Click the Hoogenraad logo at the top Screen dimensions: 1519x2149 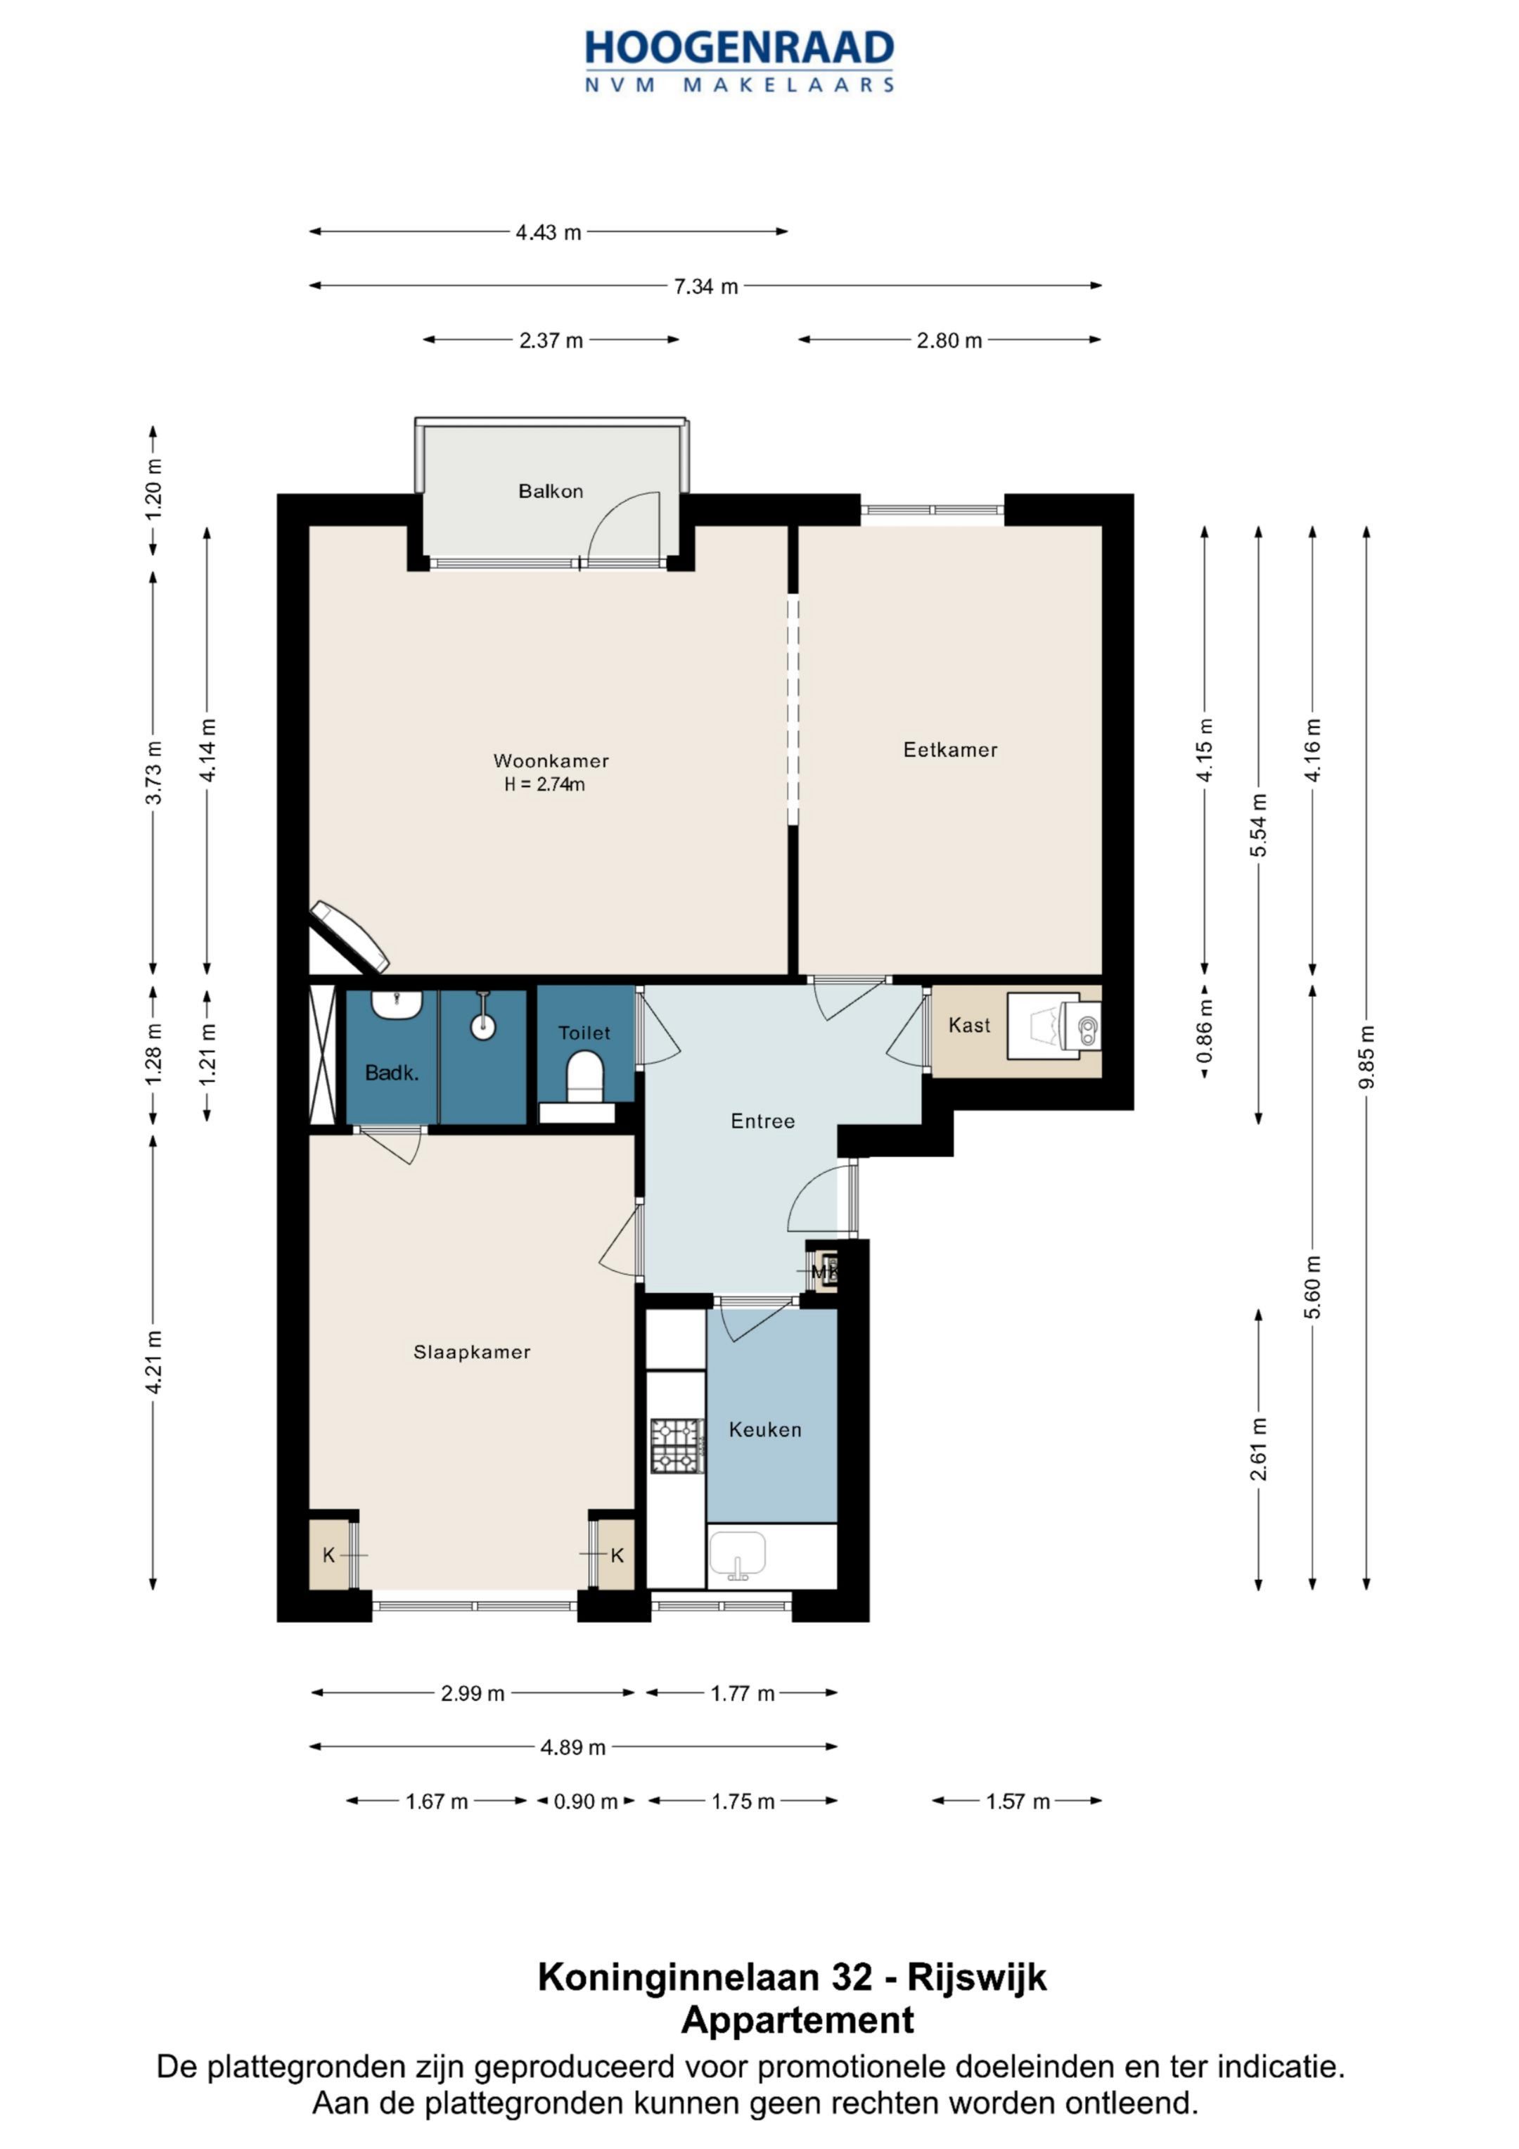739,60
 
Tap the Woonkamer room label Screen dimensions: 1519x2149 551,761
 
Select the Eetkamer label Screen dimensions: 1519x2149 950,750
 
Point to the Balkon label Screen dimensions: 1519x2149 551,492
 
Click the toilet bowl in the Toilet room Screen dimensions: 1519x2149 586,1076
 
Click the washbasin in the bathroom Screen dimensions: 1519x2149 397,1005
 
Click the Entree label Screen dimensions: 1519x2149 763,1121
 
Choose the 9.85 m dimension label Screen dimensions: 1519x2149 1367,1057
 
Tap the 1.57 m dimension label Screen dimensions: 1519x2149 1018,1802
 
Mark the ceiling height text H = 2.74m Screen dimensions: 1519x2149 545,784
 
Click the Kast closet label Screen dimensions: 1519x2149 968,1025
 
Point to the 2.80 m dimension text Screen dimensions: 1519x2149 949,340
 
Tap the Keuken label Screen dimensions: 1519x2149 766,1429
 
